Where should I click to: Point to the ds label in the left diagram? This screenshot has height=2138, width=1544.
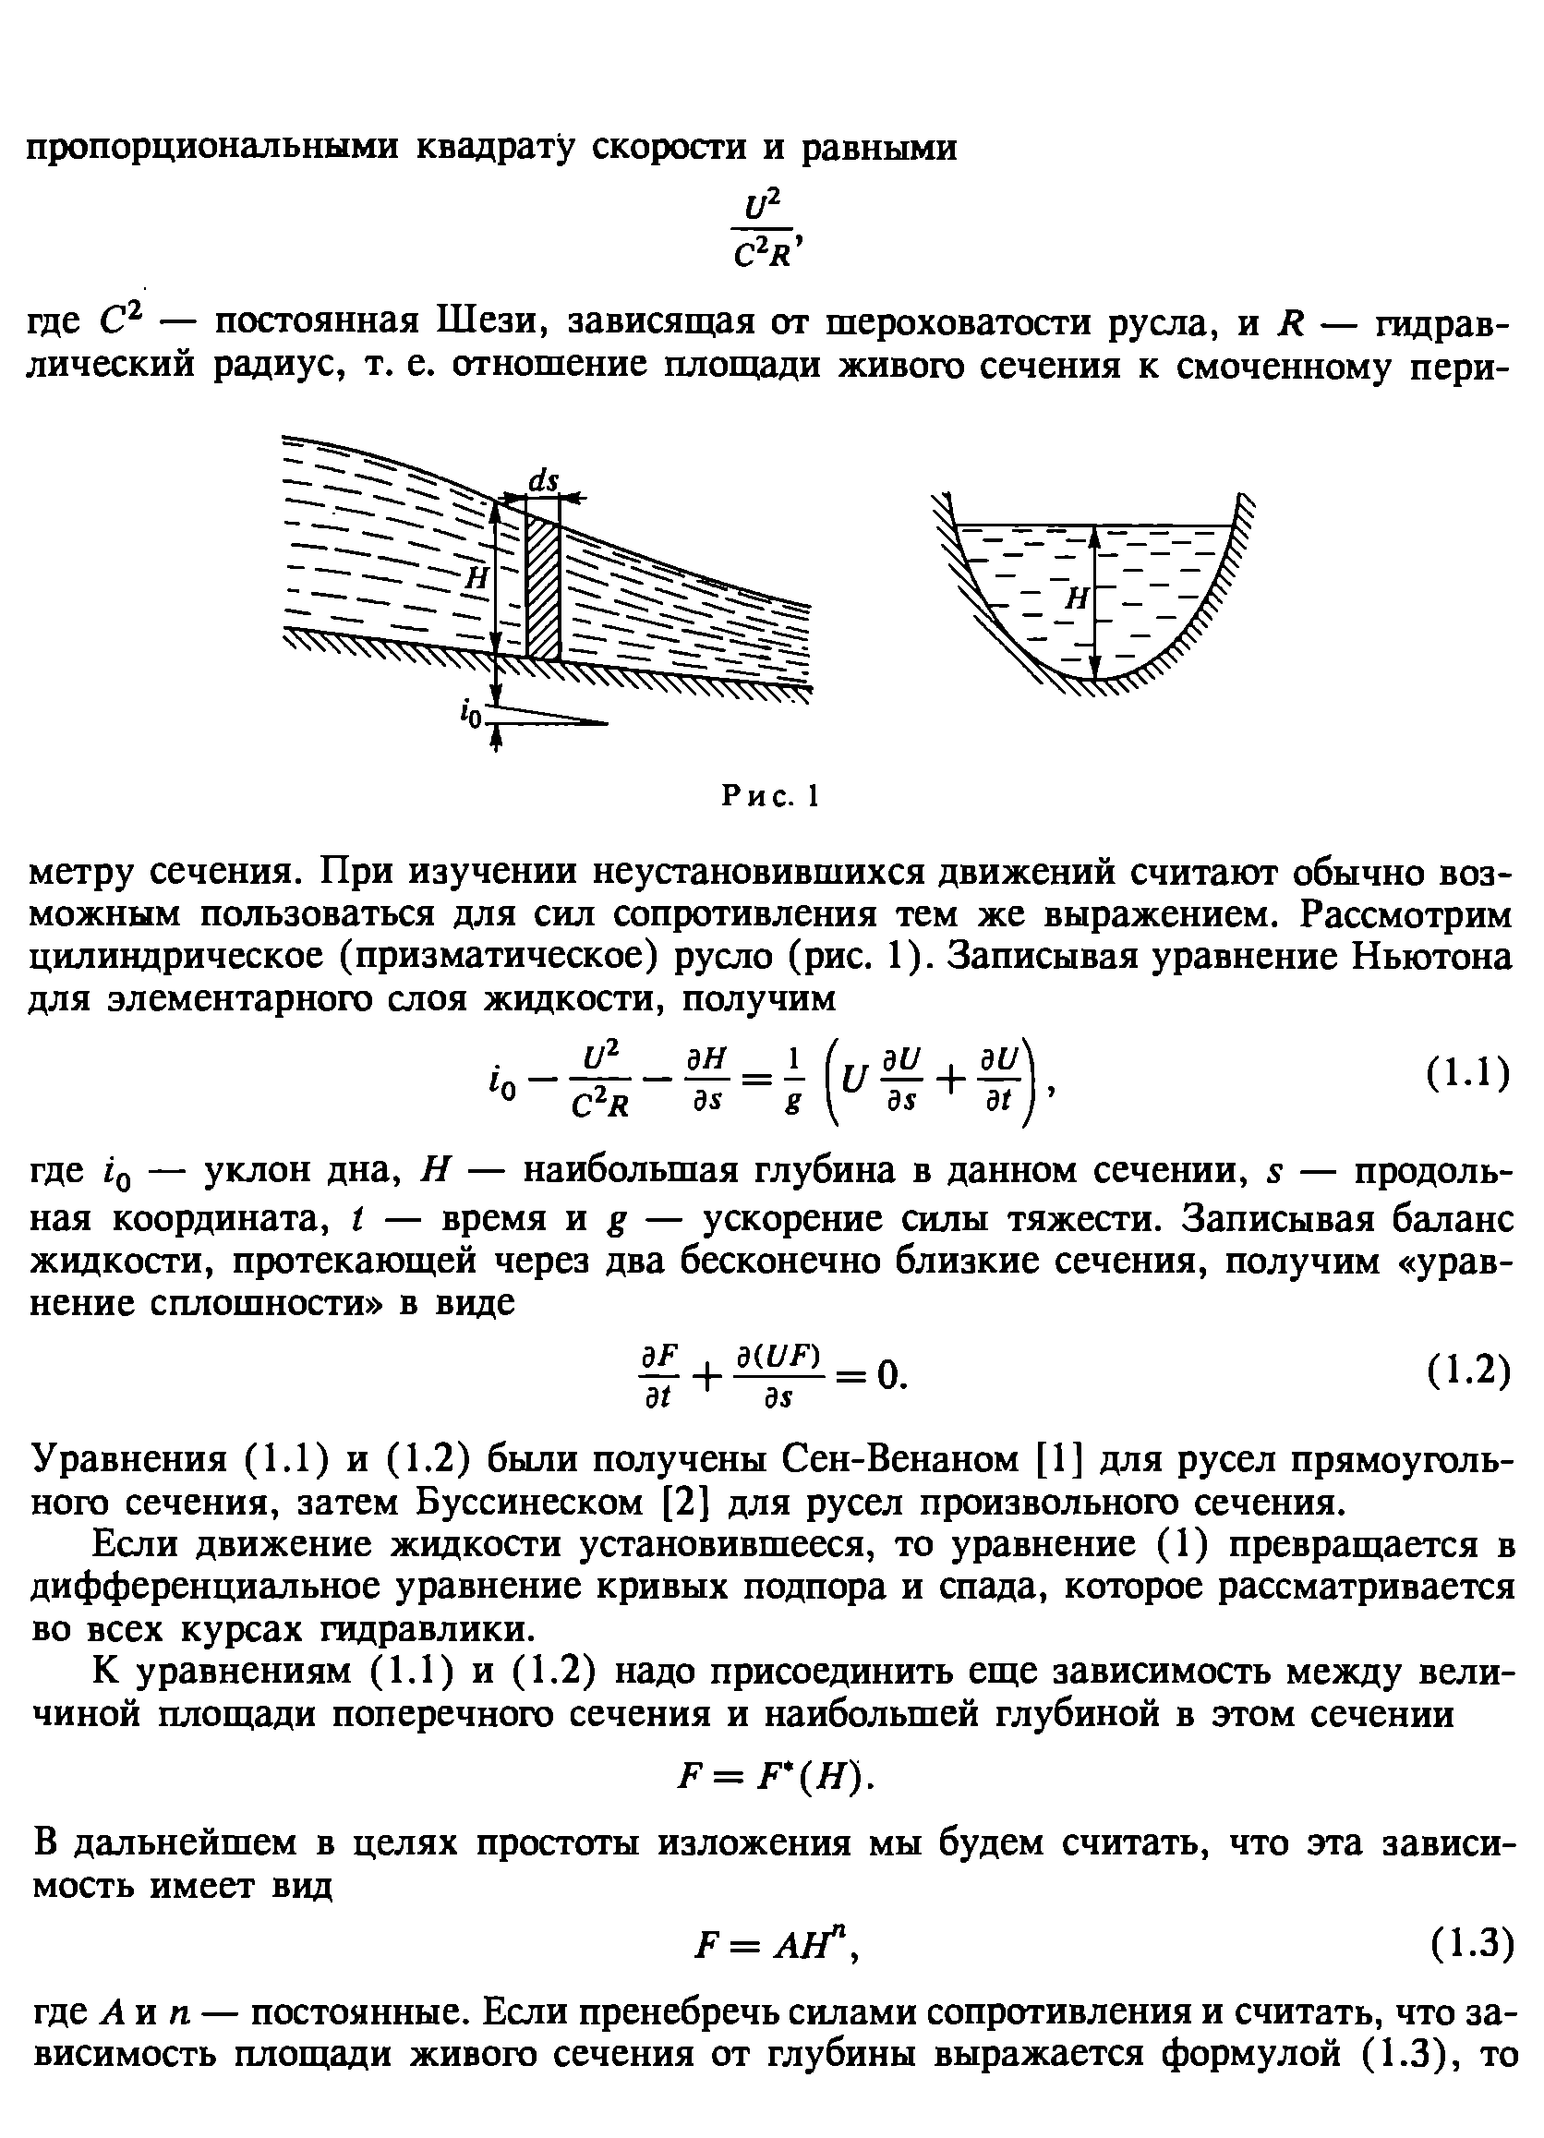(543, 481)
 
